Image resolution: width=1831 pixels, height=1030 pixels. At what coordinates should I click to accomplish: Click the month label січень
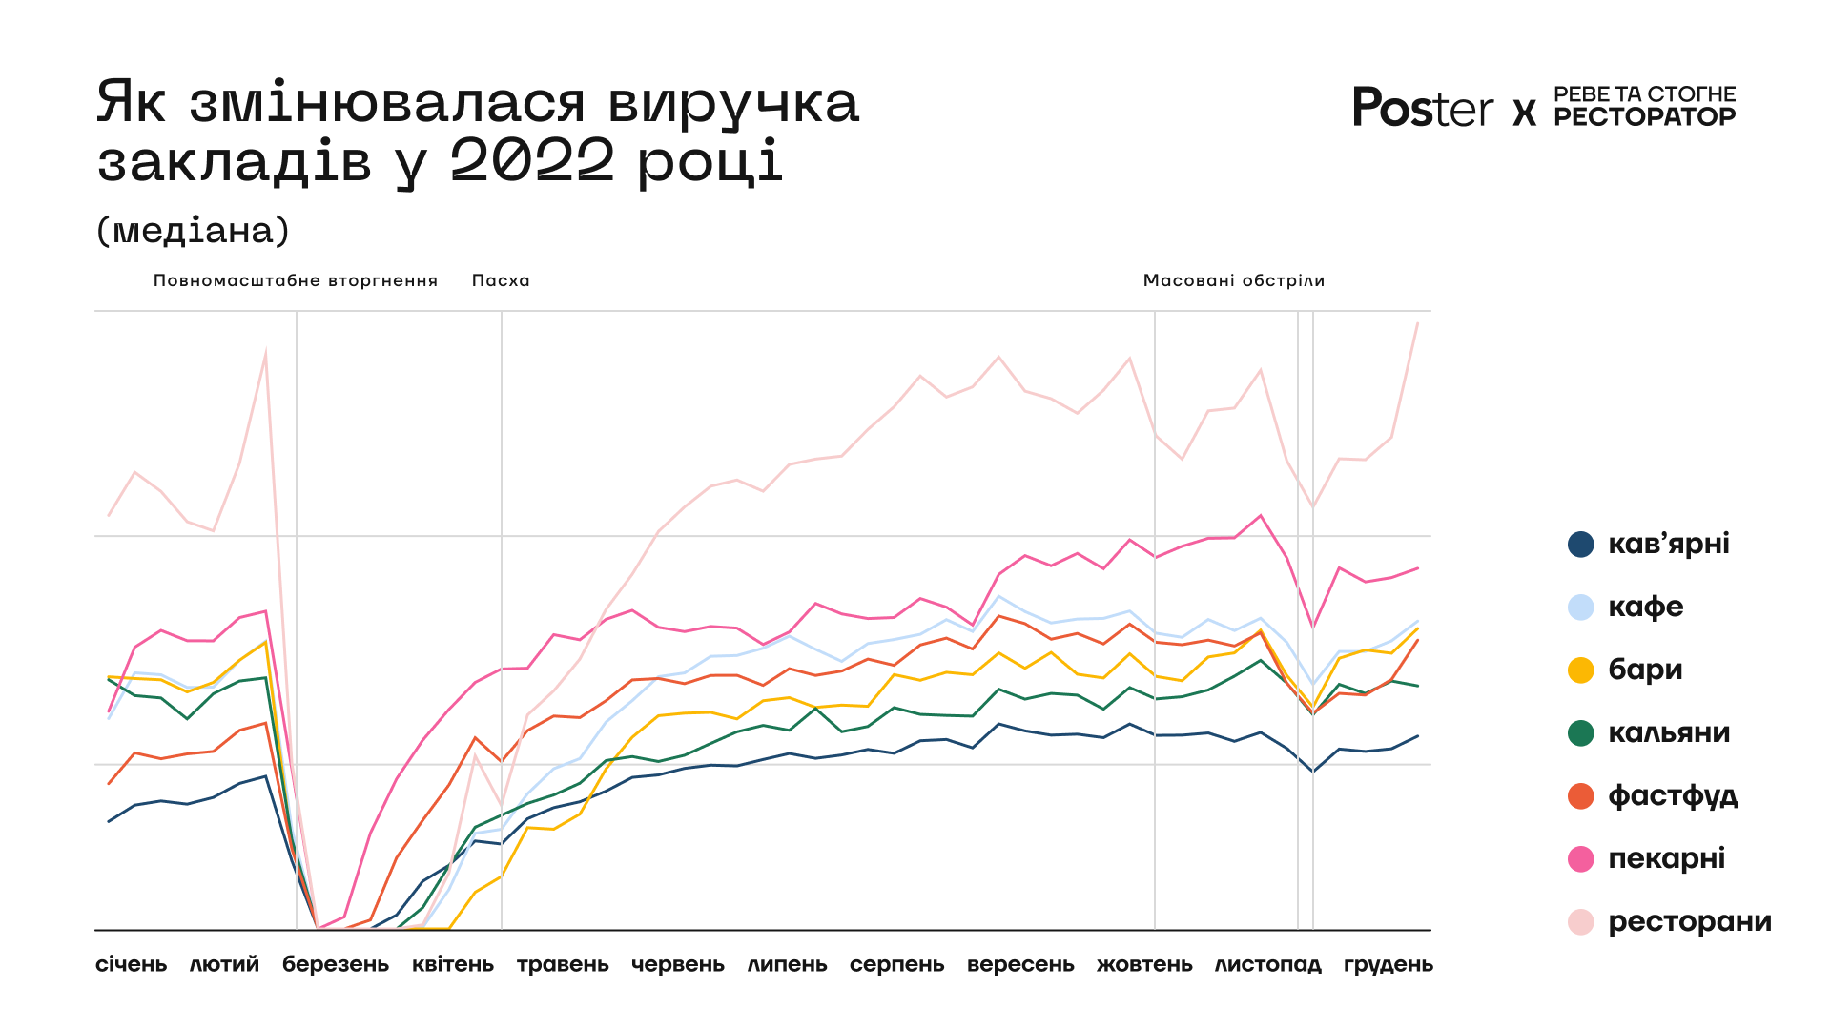pos(132,964)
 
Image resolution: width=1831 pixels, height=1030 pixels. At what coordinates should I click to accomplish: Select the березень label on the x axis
pos(336,964)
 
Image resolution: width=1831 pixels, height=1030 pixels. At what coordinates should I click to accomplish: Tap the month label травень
pos(563,964)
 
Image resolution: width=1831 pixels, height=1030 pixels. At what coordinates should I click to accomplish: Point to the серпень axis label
pos(897,964)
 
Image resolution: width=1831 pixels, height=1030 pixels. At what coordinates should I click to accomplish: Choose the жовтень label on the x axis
pos(1144,964)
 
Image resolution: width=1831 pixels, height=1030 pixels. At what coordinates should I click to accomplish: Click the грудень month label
pos(1389,964)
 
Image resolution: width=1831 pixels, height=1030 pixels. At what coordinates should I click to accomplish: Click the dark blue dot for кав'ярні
pos(1581,545)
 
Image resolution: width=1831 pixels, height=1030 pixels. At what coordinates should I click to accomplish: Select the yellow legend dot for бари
pos(1581,670)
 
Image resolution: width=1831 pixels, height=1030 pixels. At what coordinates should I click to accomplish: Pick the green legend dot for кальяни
pos(1581,733)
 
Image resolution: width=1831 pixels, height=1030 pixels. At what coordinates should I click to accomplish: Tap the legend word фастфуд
pos(1673,796)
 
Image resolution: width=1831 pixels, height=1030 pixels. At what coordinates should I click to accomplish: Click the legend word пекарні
pos(1666,859)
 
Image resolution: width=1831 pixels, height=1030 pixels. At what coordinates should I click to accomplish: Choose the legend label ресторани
pos(1689,922)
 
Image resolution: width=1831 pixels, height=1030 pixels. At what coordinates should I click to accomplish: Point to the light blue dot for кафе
pos(1581,608)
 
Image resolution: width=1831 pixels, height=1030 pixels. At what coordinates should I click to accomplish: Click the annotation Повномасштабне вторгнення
pos(296,280)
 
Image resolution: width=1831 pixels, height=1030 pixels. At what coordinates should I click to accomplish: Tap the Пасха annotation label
pos(501,280)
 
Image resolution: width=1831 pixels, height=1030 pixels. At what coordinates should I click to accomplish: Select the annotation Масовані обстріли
pos(1234,280)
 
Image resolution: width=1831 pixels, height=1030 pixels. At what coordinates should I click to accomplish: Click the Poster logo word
pos(1423,108)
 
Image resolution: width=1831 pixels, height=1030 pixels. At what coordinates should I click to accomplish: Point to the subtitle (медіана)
pos(193,231)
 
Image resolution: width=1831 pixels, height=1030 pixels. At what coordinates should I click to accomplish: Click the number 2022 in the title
pos(532,159)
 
